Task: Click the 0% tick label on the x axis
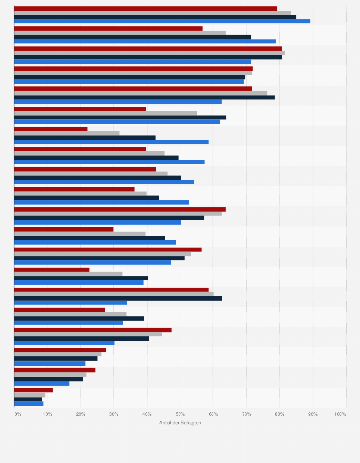tap(18, 414)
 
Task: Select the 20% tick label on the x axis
tap(81, 414)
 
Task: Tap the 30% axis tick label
tap(114, 414)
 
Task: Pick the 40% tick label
tap(147, 414)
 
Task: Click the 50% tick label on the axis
tap(180, 414)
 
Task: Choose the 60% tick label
tap(213, 414)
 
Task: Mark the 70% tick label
tap(246, 414)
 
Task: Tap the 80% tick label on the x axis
tap(280, 414)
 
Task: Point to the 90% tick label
tap(313, 414)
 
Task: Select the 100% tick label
tap(340, 414)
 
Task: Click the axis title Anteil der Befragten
tap(180, 423)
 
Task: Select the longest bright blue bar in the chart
tap(162, 21)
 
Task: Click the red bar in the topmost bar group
tap(146, 8)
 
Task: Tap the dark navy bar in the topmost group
tap(155, 17)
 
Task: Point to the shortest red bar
tap(33, 390)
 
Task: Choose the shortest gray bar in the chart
tap(30, 395)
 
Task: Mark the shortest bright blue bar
tap(29, 403)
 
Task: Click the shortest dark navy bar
tap(28, 399)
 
